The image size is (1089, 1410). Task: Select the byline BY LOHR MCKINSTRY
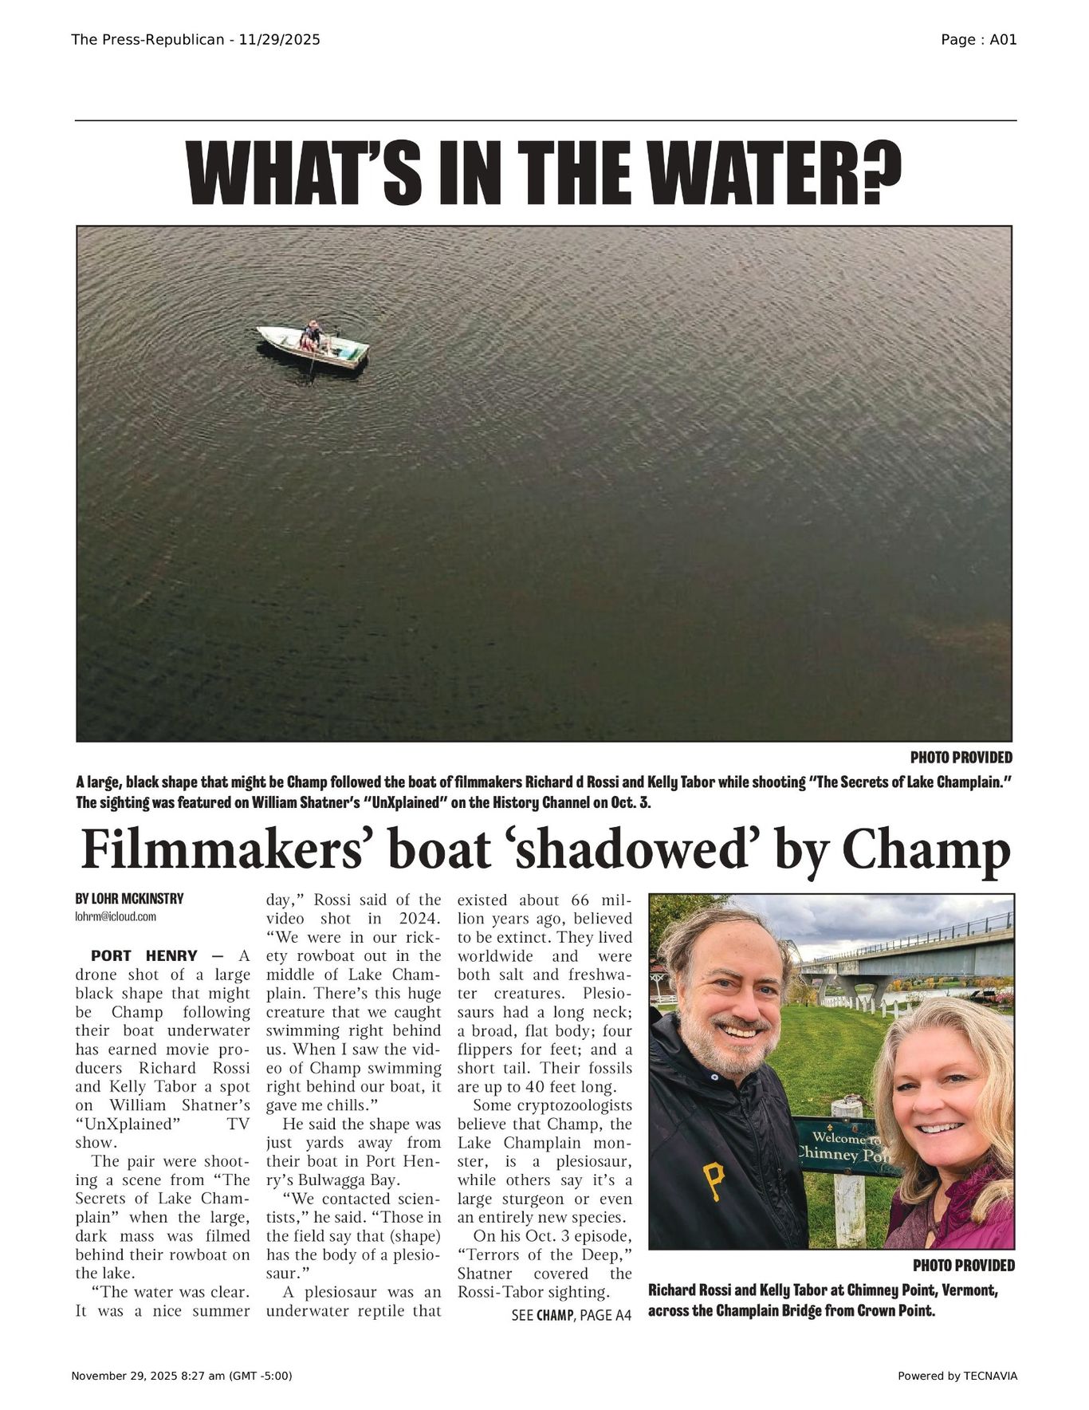coord(129,899)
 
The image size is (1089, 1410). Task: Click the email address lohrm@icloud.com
coord(116,917)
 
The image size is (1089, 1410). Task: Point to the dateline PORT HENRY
coord(144,955)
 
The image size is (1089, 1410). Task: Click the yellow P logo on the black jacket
coord(714,1181)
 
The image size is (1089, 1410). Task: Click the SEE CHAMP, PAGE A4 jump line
coord(571,1315)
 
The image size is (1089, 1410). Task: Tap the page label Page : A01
coord(978,40)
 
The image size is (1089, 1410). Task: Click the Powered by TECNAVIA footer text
coord(957,1376)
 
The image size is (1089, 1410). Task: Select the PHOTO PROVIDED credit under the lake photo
coord(961,758)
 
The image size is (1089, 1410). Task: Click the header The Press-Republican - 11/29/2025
coord(195,40)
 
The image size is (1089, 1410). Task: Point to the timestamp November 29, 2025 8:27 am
coord(182,1376)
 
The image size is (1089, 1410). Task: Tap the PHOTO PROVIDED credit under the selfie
coord(963,1266)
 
